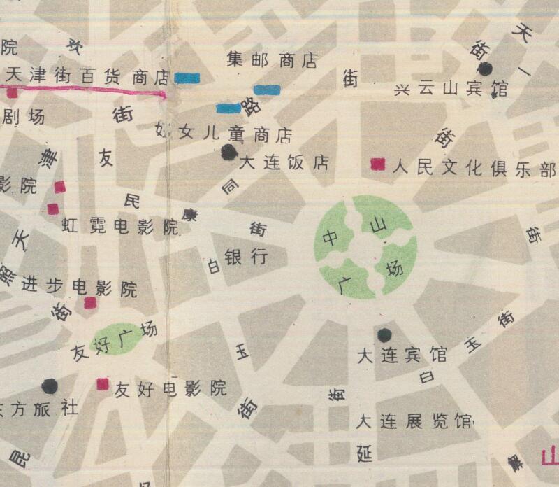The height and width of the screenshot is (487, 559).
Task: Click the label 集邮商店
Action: [x=273, y=61]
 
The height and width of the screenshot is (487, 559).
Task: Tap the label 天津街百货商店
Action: [x=87, y=75]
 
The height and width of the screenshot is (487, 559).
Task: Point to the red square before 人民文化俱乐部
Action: [x=378, y=164]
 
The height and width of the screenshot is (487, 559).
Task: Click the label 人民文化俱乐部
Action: [x=474, y=168]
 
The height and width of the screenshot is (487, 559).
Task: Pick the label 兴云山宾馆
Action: [x=451, y=90]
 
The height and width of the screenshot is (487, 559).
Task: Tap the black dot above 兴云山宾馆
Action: [x=485, y=69]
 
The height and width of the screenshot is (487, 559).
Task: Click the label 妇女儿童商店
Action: [x=222, y=133]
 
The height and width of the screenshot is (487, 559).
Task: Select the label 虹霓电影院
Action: [x=120, y=226]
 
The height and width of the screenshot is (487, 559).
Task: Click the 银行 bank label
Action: [x=245, y=257]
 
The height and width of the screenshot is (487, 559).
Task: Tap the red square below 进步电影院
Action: [x=89, y=302]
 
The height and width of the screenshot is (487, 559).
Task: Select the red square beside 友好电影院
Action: [x=103, y=383]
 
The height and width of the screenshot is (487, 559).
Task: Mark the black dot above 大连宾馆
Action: [x=384, y=334]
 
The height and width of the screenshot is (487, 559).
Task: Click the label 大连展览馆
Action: [x=414, y=422]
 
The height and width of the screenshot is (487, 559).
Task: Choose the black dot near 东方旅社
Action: [x=50, y=385]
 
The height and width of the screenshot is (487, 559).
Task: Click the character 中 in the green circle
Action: [x=330, y=237]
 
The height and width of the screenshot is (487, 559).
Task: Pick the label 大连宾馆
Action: [x=402, y=355]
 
